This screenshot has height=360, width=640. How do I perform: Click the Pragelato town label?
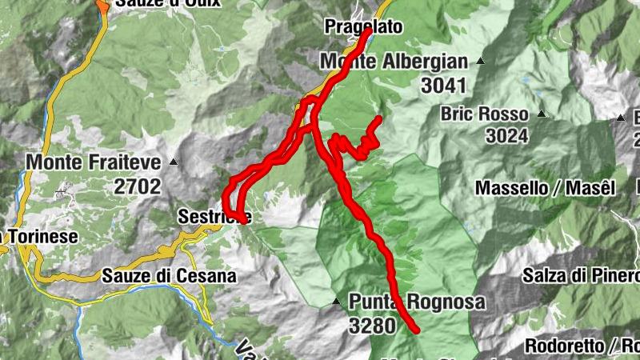(363, 26)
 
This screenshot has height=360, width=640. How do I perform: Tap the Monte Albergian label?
(393, 62)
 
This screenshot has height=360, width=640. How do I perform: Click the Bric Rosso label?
(484, 114)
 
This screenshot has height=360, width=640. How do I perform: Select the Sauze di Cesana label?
(169, 276)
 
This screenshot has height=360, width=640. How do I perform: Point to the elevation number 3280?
(372, 326)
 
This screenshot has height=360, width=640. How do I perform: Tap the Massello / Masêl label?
(545, 188)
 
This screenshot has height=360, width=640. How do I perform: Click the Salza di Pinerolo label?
(581, 276)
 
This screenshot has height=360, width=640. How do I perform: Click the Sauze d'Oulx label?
(155, 3)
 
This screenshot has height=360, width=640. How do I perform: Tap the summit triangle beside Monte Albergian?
(481, 62)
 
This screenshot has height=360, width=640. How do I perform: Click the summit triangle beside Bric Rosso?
(542, 114)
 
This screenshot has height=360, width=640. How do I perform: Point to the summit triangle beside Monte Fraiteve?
(173, 162)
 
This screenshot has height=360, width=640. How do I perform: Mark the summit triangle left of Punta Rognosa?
(336, 302)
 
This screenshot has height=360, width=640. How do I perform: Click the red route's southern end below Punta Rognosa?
(417, 329)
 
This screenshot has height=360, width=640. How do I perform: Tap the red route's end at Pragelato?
(368, 34)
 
